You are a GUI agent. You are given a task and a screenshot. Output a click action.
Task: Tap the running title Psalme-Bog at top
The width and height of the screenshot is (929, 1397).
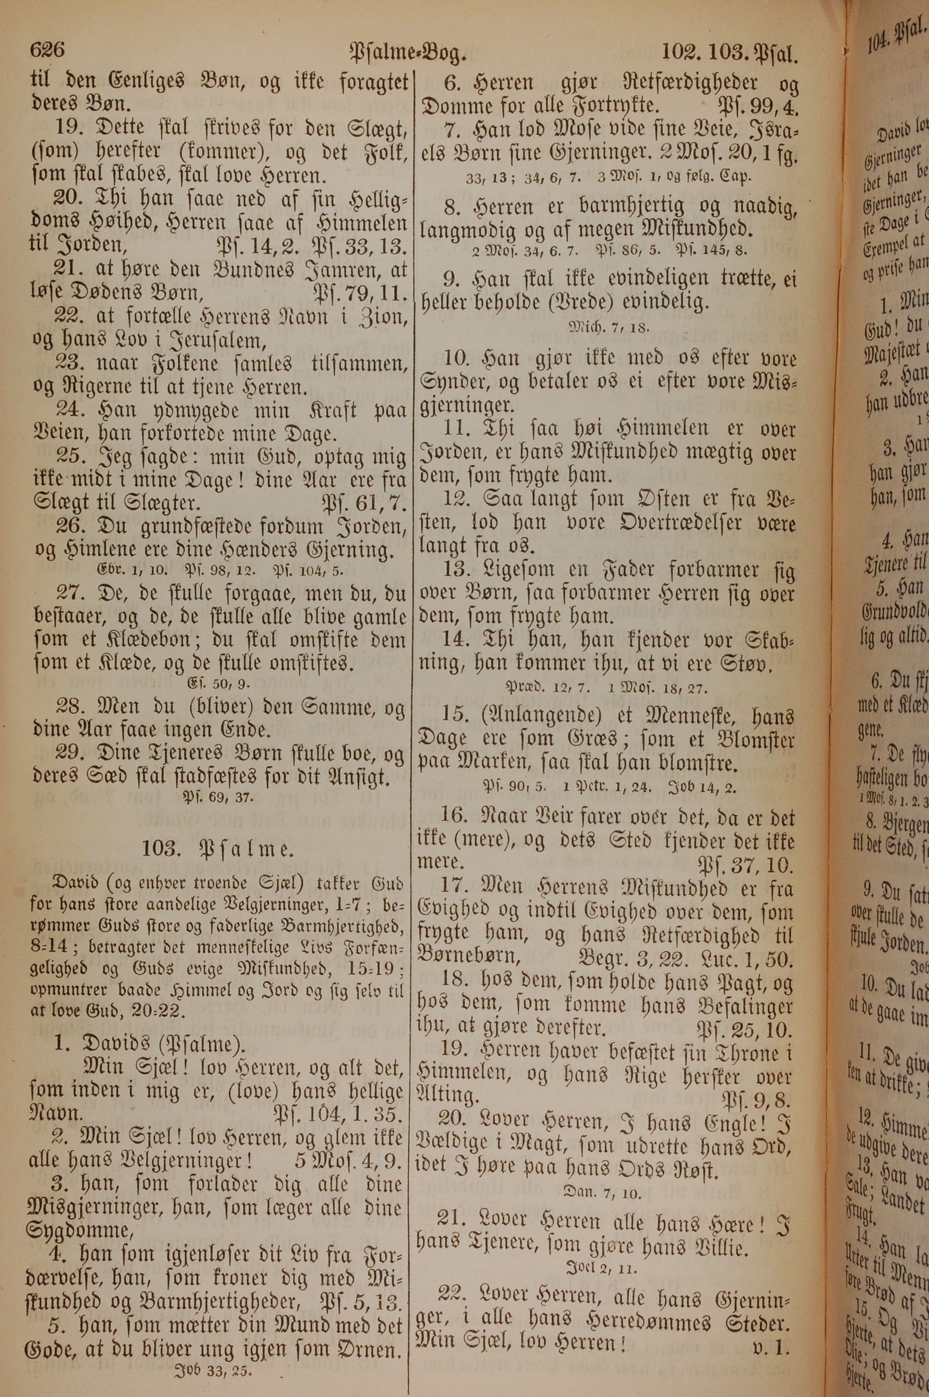click(x=409, y=53)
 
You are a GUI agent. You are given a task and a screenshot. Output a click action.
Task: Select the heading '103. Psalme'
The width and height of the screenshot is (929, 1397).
click(x=217, y=850)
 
